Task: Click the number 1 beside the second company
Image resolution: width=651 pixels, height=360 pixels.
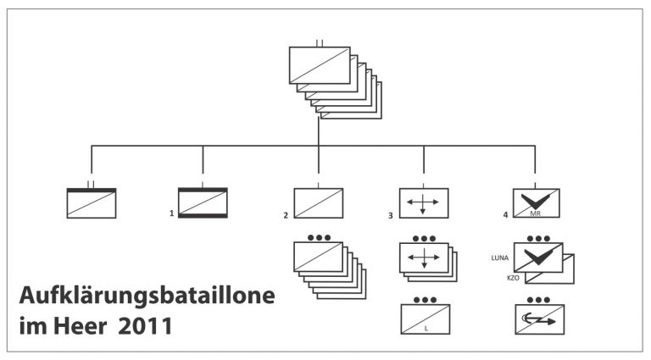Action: (171, 214)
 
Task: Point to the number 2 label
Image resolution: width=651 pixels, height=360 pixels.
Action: (286, 214)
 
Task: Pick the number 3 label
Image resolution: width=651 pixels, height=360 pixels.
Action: (391, 214)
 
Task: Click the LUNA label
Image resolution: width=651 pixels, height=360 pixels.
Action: (499, 255)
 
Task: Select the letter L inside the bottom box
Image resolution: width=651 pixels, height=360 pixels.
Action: (426, 326)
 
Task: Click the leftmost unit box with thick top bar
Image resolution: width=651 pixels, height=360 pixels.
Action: (92, 202)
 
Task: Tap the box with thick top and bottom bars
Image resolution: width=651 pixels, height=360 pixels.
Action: (203, 202)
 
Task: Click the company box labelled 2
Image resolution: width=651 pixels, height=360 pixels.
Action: (318, 202)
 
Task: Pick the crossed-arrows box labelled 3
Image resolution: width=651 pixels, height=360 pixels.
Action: (424, 202)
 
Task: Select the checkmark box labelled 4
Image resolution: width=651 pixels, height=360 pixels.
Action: (536, 202)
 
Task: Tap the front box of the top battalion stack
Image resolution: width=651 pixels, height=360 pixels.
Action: (320, 65)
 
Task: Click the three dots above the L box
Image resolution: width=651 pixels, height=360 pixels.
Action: (424, 299)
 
